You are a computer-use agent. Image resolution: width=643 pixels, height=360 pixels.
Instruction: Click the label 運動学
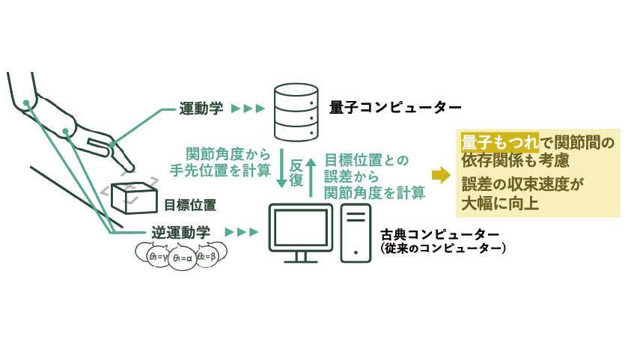[201, 109]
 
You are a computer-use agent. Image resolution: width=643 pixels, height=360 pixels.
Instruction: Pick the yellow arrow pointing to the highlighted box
[442, 175]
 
